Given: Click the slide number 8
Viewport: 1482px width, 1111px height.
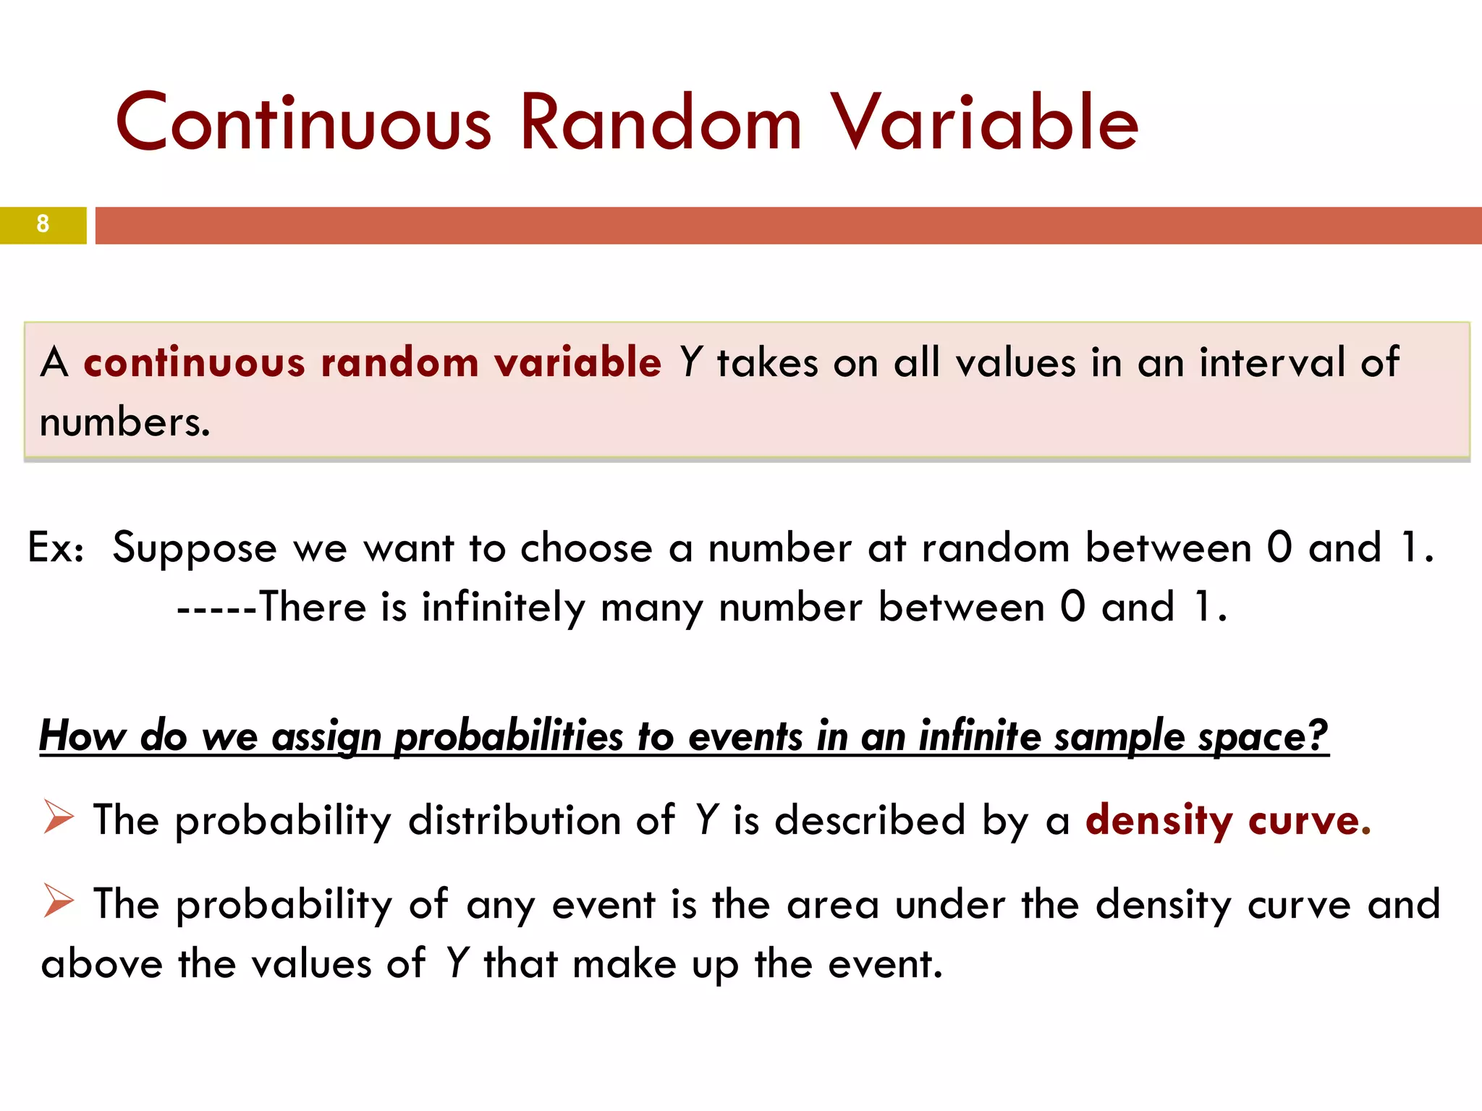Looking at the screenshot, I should [43, 224].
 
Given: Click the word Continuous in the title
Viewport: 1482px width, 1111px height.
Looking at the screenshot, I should [304, 123].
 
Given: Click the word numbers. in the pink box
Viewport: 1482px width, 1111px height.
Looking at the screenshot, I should [125, 422].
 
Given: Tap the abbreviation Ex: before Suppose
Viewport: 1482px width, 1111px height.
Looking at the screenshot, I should [56, 548].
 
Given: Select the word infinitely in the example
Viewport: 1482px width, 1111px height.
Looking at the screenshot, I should [504, 608].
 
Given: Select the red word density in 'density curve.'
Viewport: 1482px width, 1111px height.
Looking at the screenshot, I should [1159, 821].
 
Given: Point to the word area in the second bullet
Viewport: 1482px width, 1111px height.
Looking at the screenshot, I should [832, 905].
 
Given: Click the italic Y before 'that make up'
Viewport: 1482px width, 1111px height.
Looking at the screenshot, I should [457, 964].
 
